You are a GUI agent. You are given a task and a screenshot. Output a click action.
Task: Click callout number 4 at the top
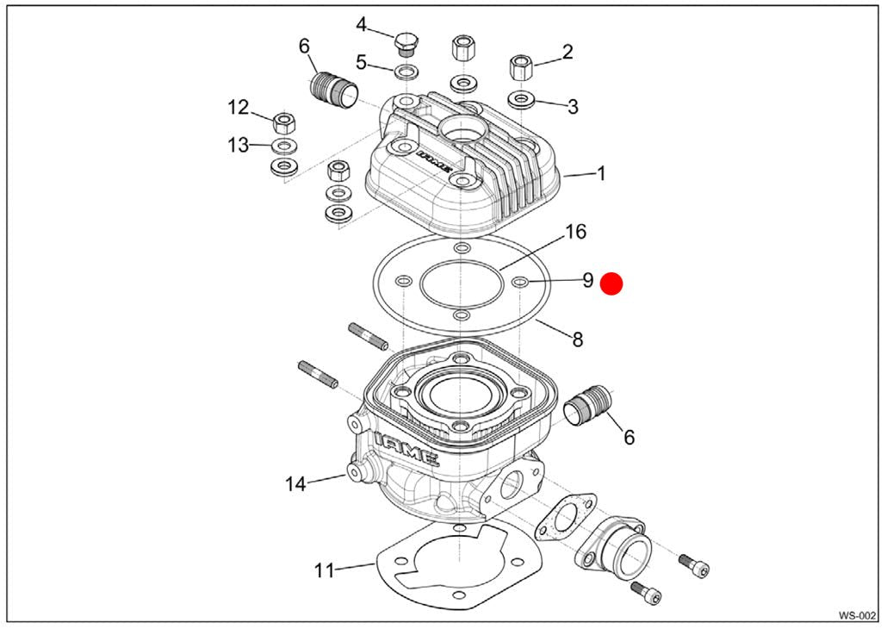click(362, 24)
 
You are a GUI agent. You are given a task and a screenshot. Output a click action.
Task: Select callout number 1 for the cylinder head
click(601, 173)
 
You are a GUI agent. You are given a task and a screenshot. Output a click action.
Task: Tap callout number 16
click(575, 231)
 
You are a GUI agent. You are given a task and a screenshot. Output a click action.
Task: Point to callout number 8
click(578, 339)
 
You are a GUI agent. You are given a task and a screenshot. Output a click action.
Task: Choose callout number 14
click(295, 484)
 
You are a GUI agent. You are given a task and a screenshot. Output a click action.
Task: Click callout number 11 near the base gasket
click(323, 570)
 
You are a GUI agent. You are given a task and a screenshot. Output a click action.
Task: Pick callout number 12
click(238, 108)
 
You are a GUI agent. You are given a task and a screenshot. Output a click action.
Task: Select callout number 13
click(238, 145)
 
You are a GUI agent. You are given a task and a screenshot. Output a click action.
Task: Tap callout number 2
click(568, 52)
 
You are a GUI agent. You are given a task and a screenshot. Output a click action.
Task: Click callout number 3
click(573, 107)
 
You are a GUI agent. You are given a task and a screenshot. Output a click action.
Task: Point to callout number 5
click(362, 62)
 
